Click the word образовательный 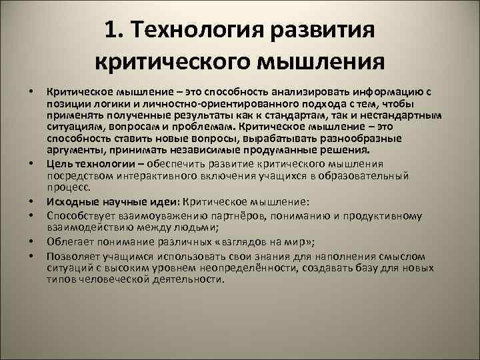(369, 175)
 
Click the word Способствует (79, 217)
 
